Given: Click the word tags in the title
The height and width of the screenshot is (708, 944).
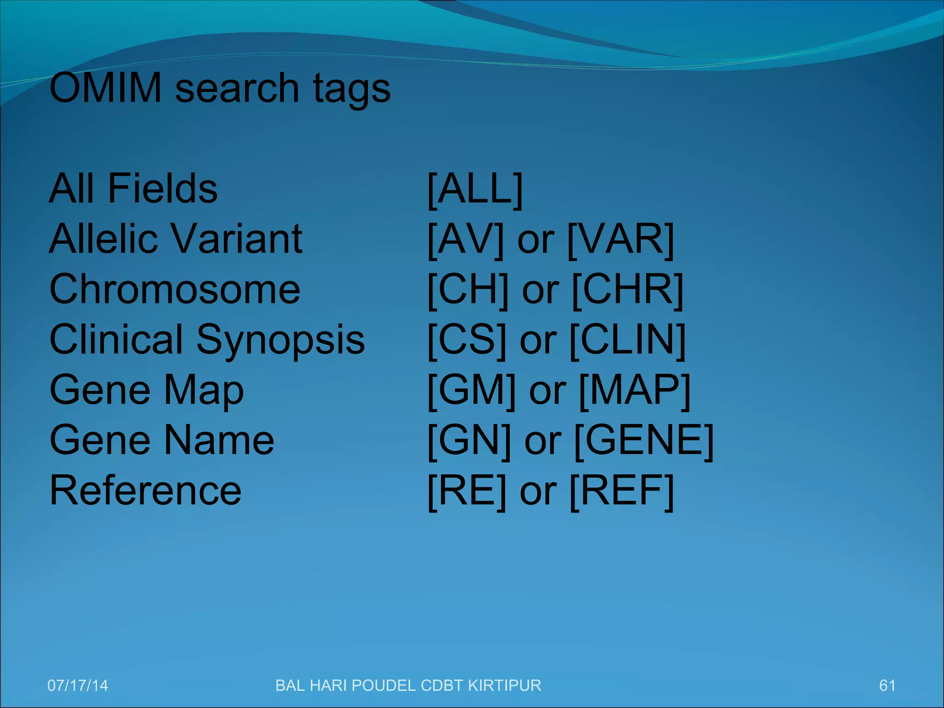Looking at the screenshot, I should (352, 90).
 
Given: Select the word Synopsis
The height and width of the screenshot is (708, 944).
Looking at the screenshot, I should (281, 341).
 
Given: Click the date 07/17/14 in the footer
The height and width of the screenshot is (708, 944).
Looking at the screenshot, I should (77, 685).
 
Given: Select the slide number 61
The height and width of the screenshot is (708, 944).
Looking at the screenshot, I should (887, 685).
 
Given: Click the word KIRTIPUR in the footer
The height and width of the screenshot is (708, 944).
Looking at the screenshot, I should (504, 685).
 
